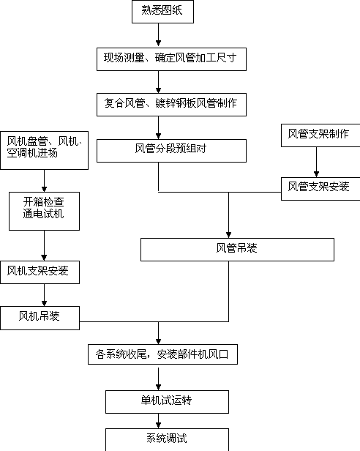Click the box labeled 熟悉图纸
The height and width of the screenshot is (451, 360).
pyautogui.click(x=162, y=12)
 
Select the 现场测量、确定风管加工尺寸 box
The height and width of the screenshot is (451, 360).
pyautogui.click(x=171, y=59)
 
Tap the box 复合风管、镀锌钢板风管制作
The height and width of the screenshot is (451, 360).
pyautogui.click(x=171, y=105)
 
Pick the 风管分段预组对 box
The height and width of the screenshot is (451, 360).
pyautogui.click(x=171, y=151)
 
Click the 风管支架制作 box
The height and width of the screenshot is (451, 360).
pyautogui.click(x=320, y=135)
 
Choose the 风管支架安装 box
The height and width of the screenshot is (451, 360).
pyautogui.click(x=320, y=189)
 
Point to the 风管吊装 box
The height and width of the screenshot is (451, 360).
pyautogui.click(x=237, y=250)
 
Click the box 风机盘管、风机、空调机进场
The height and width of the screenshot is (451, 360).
pyautogui.click(x=45, y=150)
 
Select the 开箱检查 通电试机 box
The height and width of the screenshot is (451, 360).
pyautogui.click(x=45, y=211)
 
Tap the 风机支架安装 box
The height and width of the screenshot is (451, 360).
pyautogui.click(x=40, y=272)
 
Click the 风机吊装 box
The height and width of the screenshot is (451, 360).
pyautogui.click(x=40, y=318)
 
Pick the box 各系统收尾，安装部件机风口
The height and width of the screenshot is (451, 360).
pyautogui.click(x=162, y=354)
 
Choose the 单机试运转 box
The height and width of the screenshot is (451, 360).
pyautogui.click(x=167, y=402)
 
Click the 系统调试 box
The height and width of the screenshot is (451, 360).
pyautogui.click(x=167, y=440)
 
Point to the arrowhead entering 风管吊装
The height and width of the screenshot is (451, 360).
pyautogui.click(x=228, y=235)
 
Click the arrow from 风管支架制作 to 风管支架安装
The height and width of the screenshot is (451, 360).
pyautogui.click(x=316, y=162)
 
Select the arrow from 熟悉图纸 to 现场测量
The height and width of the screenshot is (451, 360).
pyautogui.click(x=158, y=34)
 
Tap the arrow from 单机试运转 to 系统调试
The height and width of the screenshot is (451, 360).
pyautogui.click(x=158, y=421)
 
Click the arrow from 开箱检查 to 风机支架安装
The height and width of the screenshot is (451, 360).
pyautogui.click(x=44, y=245)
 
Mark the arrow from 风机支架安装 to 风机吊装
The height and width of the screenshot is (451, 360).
pyautogui.click(x=44, y=295)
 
